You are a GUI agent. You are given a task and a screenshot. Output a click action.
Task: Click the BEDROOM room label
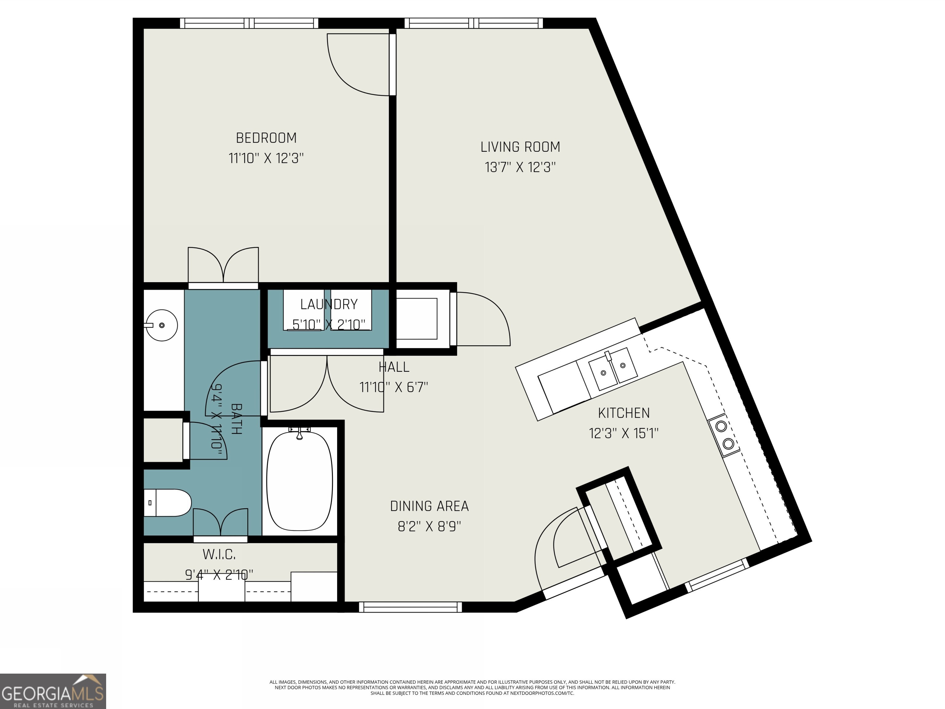[266, 138]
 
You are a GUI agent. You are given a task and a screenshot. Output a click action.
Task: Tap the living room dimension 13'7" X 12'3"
[520, 167]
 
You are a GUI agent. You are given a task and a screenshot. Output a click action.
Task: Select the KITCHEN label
[624, 413]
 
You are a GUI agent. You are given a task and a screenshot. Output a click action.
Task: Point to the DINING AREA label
[429, 506]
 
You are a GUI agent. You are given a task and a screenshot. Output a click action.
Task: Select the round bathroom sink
[162, 325]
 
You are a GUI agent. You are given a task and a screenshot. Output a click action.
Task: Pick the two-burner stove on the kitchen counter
[724, 435]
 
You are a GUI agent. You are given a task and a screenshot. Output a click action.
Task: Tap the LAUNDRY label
[329, 304]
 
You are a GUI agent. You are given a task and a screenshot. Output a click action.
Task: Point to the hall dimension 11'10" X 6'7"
[393, 387]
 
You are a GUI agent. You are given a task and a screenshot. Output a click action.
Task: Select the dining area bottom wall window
[410, 607]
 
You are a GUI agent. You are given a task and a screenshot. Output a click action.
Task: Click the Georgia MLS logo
[53, 691]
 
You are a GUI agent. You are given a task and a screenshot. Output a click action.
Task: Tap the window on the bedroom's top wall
[249, 23]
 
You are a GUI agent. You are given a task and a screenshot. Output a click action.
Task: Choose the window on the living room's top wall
[473, 23]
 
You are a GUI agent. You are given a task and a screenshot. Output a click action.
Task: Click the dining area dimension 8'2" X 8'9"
[429, 526]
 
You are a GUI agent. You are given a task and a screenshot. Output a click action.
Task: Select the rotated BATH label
[236, 419]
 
